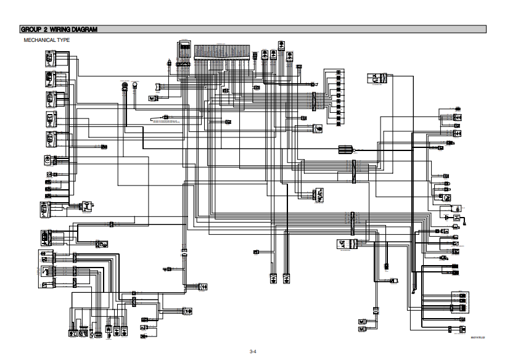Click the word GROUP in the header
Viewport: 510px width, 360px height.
[30, 29]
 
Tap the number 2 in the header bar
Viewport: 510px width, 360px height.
[46, 29]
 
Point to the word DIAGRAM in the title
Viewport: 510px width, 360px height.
[85, 29]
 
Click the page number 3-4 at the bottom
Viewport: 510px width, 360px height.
[252, 351]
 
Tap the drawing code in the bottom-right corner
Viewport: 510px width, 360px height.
[478, 338]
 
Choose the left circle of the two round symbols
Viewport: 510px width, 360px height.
[124, 85]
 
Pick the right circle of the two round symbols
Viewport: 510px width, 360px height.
[134, 85]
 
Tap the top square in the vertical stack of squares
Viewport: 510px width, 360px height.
[339, 73]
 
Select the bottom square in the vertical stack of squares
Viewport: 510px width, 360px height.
[339, 123]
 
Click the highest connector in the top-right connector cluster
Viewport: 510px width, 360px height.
[457, 110]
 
